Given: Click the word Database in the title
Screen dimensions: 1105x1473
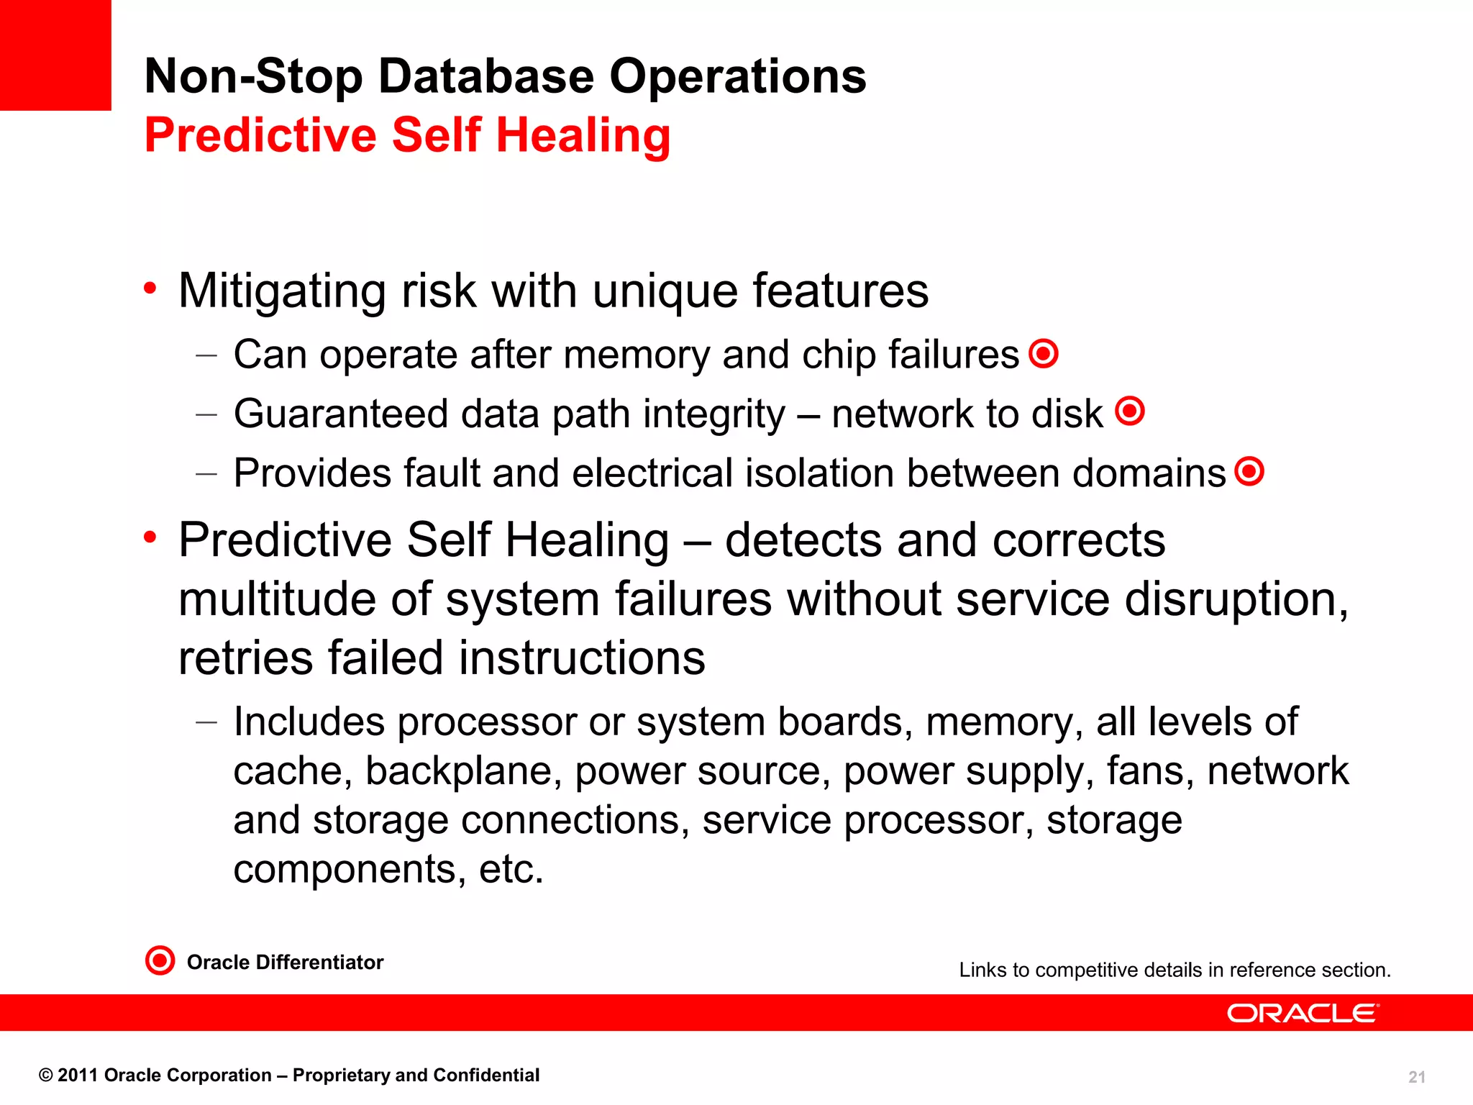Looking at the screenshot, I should [486, 76].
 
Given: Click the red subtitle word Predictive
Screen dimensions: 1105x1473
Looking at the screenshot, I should [260, 135].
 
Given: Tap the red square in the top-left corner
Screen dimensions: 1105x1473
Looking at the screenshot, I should [55, 55].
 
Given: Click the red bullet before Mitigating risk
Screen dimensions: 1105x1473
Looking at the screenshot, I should [150, 288].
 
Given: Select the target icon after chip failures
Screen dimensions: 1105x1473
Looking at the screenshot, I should [1044, 353].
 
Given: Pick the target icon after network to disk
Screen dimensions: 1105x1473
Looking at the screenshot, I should [1130, 411].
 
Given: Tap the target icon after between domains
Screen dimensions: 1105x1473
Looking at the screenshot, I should [1249, 471].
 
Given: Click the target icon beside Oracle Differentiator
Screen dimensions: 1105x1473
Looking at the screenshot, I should [160, 960].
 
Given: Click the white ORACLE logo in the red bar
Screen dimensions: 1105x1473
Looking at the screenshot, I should [1303, 1013].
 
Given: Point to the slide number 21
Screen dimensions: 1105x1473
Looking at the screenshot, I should [1416, 1077].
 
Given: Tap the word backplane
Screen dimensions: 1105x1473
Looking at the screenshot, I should [463, 771].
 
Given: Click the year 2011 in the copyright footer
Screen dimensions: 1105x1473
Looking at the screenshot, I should [78, 1076].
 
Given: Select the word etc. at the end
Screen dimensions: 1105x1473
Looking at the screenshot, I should [511, 869].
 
